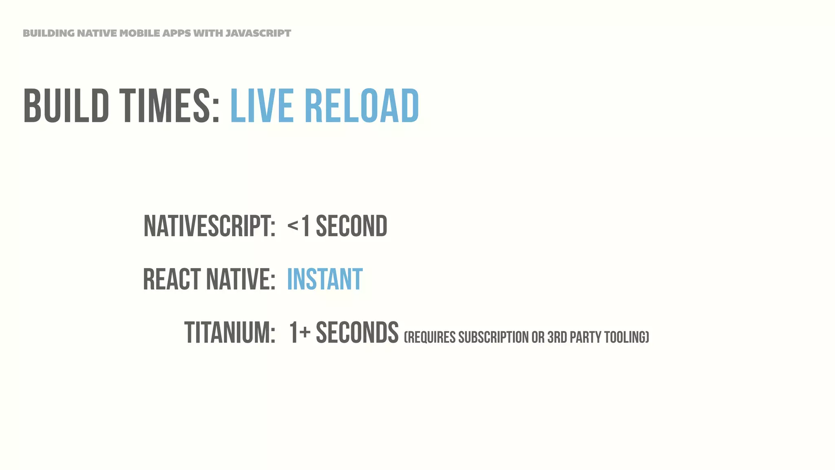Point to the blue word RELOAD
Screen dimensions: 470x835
[x=362, y=106]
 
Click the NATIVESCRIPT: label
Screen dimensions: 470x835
[x=210, y=226]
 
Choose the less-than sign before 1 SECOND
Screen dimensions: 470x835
[x=293, y=225]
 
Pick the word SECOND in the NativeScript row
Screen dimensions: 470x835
[x=351, y=226]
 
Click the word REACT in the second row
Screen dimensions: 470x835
[x=172, y=279]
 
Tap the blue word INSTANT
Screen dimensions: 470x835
[x=325, y=279]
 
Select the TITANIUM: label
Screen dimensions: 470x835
[x=230, y=333]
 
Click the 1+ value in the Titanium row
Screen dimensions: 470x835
[x=300, y=333]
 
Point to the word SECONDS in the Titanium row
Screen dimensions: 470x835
[x=357, y=333]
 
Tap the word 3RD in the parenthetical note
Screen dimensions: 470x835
[x=557, y=337]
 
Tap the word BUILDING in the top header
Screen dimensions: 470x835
[x=49, y=33]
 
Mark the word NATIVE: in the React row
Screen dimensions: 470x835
[x=241, y=279]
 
